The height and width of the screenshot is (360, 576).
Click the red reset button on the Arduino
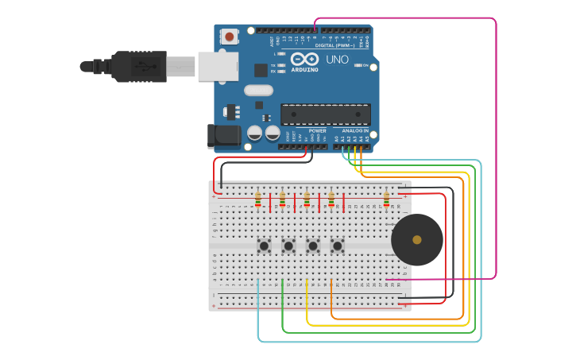(230, 37)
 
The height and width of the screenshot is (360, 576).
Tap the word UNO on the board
(337, 59)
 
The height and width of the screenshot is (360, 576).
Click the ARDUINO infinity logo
(304, 60)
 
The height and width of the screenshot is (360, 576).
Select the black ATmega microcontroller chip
(326, 114)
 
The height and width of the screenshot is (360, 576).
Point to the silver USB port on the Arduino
(217, 67)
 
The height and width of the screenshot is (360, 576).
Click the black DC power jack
(224, 136)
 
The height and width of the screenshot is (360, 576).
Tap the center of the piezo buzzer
(417, 239)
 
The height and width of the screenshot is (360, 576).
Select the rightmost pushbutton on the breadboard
(337, 246)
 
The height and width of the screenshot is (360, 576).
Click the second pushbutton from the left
(288, 246)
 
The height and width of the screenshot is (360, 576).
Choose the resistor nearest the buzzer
(387, 199)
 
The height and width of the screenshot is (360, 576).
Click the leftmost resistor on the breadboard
(257, 199)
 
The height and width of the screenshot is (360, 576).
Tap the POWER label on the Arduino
(318, 130)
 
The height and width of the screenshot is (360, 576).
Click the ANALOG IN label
(354, 130)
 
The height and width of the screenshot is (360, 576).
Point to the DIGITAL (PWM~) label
(334, 45)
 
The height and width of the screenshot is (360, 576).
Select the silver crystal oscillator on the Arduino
(258, 90)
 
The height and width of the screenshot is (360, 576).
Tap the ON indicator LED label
(366, 65)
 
